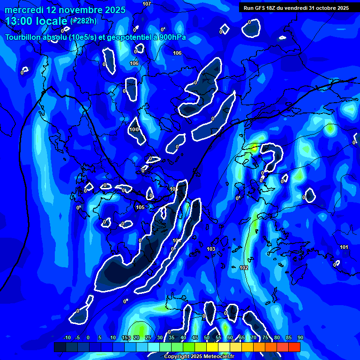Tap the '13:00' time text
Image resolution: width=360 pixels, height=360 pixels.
pos(20,21)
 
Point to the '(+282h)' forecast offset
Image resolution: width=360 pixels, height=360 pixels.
pos(84,21)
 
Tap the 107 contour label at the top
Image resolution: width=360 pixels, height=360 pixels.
pos(147,4)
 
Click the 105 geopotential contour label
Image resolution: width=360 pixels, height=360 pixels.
pos(140,207)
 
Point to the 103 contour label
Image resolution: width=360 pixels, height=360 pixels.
pos(211,249)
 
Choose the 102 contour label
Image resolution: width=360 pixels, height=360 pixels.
pos(244,268)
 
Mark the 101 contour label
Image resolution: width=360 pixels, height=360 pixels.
pos(344,247)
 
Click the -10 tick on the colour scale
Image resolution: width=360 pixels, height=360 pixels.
pos(67,337)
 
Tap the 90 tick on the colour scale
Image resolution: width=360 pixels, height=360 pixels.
pos(300,337)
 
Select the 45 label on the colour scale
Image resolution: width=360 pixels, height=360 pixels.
pos(195,337)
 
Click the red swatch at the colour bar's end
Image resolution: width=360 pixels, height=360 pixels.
pos(294,347)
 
